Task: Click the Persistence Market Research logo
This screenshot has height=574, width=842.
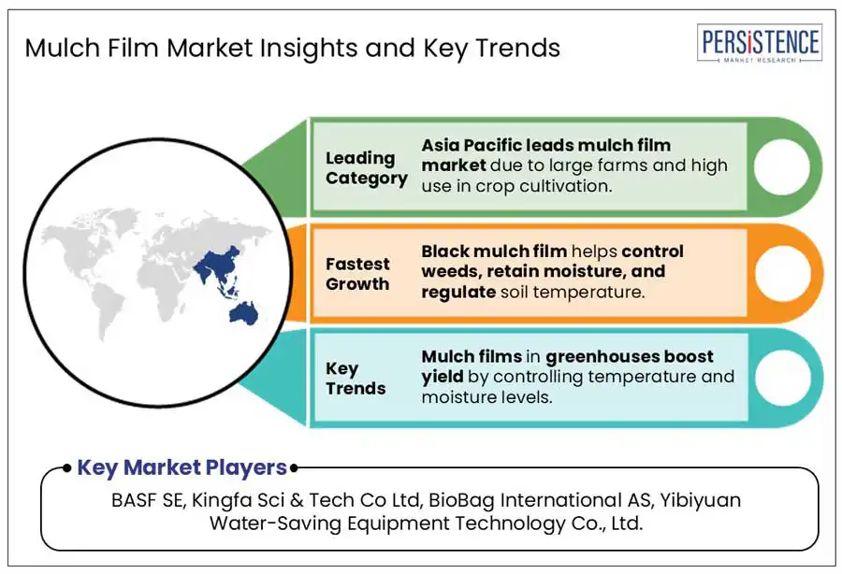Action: [760, 43]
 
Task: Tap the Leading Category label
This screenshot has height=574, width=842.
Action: [367, 168]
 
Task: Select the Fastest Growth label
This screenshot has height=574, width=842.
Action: [357, 274]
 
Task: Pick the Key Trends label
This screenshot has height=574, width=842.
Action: [356, 379]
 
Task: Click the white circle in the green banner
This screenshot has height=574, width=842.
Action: [782, 166]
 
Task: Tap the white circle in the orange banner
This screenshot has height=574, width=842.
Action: [782, 273]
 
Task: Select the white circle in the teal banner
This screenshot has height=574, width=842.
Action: [783, 378]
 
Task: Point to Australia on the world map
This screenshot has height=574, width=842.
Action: [244, 313]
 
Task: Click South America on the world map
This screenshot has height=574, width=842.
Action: [107, 311]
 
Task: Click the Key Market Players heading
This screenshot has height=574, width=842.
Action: [182, 467]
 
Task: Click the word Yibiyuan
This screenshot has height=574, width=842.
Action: [700, 500]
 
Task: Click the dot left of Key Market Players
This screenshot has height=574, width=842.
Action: [66, 468]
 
